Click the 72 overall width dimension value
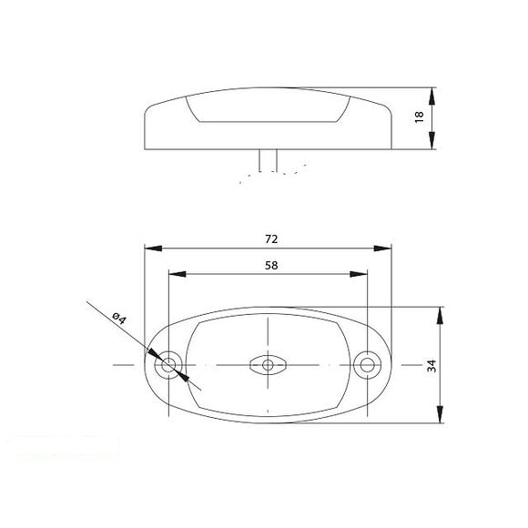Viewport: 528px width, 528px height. click(270, 239)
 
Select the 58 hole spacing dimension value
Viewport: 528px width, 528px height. click(270, 265)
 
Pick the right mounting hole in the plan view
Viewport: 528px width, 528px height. click(368, 366)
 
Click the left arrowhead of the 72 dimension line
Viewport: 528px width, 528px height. click(151, 248)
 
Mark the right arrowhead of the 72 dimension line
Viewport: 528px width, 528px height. click(385, 248)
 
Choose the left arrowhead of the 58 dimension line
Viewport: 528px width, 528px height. click(176, 274)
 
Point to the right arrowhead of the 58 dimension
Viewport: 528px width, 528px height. click(361, 274)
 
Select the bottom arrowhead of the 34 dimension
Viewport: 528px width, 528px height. click(441, 418)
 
